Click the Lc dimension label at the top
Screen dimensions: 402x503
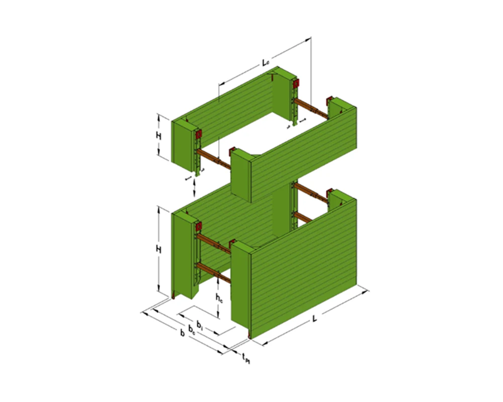(x=265, y=63)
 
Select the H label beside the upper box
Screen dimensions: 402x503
(x=158, y=136)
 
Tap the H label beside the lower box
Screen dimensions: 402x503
(x=158, y=250)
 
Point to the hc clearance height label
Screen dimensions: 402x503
(x=219, y=297)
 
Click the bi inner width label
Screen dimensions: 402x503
(x=200, y=324)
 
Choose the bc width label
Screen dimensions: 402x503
(x=192, y=329)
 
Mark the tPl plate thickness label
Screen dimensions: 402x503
(x=246, y=358)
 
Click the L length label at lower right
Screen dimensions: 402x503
(x=314, y=319)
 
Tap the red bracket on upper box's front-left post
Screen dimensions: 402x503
(x=198, y=134)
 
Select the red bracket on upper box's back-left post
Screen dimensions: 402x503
(x=296, y=83)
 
